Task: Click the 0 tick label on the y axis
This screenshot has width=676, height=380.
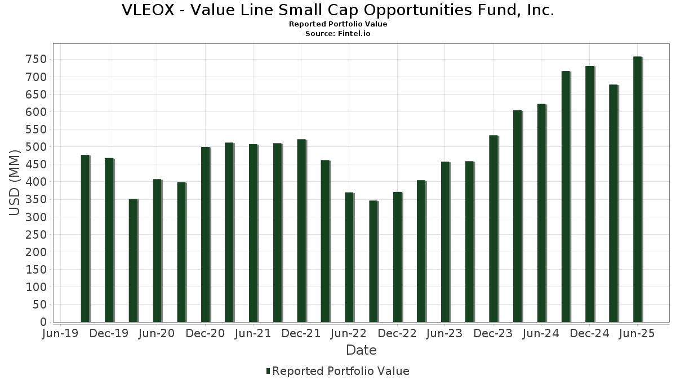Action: (43, 322)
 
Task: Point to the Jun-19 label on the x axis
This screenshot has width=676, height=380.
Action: (61, 334)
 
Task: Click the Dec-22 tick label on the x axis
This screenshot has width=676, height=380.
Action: (397, 334)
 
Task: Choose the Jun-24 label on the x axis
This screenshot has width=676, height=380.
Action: (541, 334)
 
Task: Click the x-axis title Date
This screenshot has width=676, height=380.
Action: (361, 350)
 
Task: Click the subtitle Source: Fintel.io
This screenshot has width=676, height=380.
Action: (338, 34)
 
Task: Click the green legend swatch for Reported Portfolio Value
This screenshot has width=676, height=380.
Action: (268, 371)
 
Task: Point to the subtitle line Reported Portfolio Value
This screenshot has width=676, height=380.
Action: (338, 24)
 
